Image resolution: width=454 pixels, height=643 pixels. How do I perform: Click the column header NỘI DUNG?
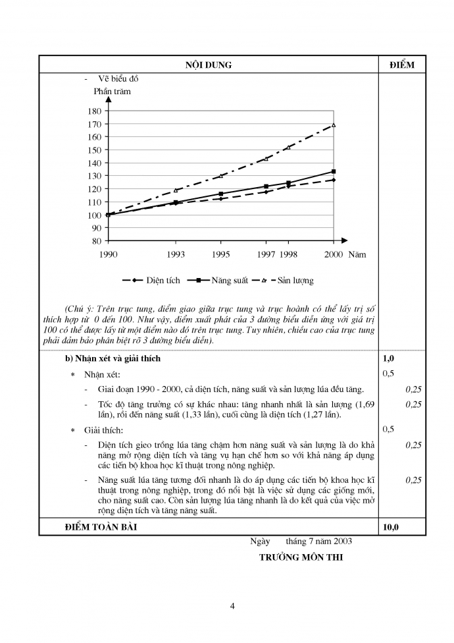pyautogui.click(x=208, y=65)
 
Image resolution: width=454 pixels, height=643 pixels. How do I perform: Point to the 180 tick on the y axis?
pyautogui.click(x=93, y=111)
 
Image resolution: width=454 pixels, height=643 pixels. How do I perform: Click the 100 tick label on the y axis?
pyautogui.click(x=93, y=215)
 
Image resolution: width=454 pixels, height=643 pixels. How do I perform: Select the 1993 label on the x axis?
pyautogui.click(x=176, y=254)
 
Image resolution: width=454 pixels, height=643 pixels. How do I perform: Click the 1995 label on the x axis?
pyautogui.click(x=220, y=254)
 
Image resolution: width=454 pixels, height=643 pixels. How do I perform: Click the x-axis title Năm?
pyautogui.click(x=357, y=254)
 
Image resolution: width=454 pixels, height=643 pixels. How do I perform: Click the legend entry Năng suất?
pyautogui.click(x=230, y=281)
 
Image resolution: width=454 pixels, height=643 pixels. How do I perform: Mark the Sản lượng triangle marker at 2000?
pyautogui.click(x=334, y=125)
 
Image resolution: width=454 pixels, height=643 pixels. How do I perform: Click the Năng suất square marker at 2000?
pyautogui.click(x=334, y=172)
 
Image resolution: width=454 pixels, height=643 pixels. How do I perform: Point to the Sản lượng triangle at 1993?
pyautogui.click(x=176, y=190)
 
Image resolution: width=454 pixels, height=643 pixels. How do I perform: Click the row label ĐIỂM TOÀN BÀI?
pyautogui.click(x=103, y=526)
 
